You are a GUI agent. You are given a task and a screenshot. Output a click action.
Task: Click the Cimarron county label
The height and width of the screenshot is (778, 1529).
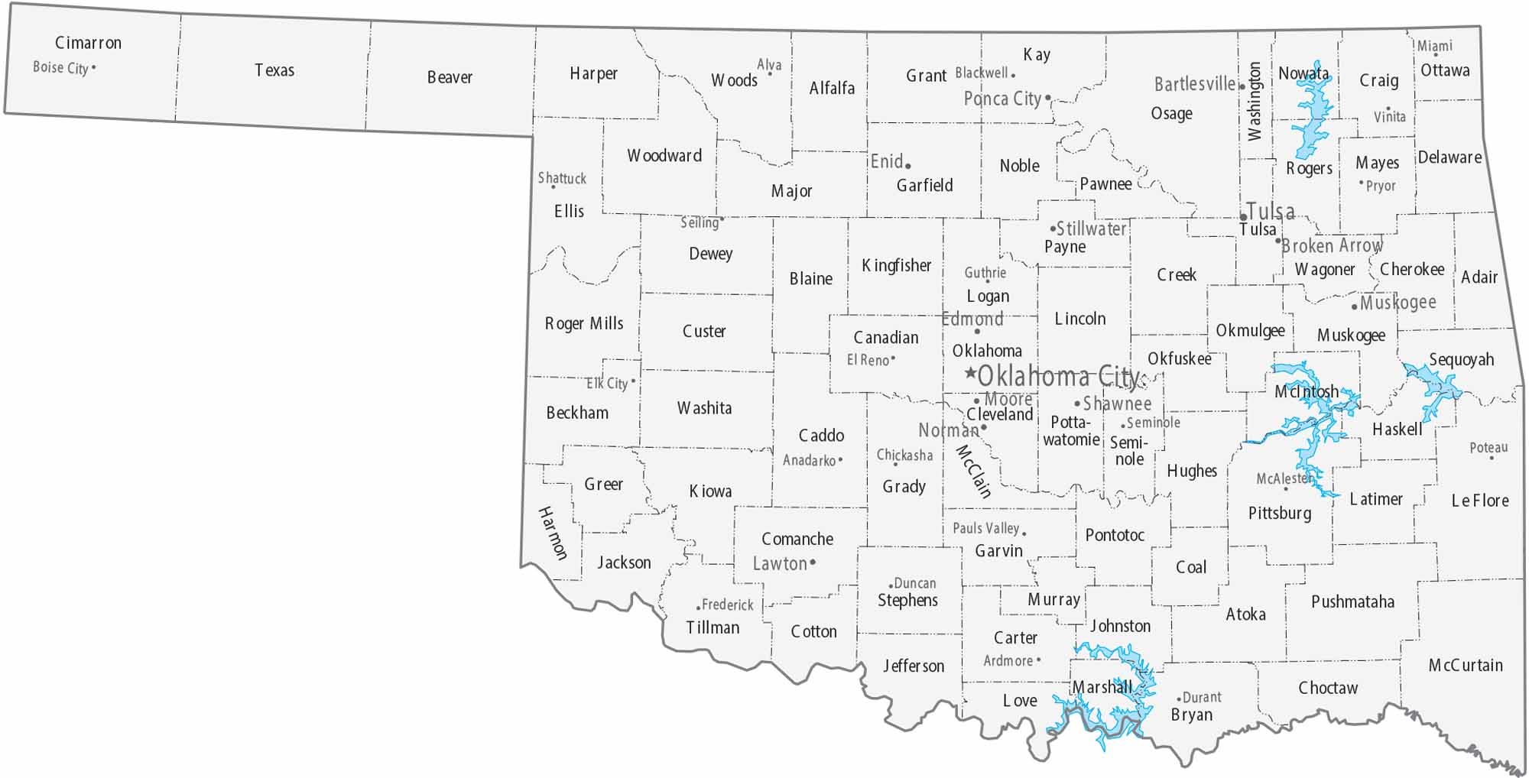88,43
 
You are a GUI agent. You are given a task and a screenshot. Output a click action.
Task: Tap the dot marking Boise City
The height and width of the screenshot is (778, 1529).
94,67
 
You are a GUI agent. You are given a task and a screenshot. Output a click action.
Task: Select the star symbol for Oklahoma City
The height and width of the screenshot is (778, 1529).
969,373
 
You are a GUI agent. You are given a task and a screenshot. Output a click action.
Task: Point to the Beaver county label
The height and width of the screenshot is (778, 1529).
450,77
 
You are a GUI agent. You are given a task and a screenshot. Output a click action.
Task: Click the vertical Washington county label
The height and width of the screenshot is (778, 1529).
1255,102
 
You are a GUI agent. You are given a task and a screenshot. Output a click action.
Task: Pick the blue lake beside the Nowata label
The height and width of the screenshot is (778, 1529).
1313,115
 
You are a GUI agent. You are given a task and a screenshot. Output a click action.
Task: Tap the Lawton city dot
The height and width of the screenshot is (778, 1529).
813,562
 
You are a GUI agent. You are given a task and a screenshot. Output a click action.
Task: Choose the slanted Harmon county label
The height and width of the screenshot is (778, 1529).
553,533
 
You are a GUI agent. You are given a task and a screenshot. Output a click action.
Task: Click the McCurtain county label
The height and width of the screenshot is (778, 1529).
1466,666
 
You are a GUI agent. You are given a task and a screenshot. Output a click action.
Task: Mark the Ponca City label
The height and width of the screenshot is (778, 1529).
1002,99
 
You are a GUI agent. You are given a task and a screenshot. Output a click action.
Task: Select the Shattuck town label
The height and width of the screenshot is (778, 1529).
562,178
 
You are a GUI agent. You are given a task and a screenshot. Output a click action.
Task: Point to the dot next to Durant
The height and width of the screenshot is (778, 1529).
1179,698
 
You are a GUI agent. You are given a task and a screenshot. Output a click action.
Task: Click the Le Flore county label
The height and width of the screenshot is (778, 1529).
1480,501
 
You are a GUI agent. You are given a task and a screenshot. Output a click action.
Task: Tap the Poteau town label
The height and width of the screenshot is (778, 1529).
1488,447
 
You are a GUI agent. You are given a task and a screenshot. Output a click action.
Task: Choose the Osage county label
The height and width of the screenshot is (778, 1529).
1171,114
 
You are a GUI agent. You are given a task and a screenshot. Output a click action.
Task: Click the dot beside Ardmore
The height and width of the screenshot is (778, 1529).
1038,660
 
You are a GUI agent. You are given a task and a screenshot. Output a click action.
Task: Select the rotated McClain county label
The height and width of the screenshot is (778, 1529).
974,472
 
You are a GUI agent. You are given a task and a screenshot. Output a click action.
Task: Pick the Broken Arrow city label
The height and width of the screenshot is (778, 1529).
1332,245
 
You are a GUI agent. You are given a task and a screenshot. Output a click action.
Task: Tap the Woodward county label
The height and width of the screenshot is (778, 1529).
664,156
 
